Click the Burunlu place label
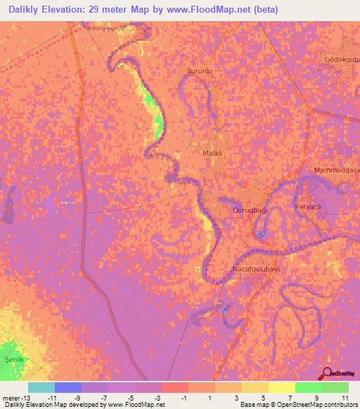click(x=199, y=71)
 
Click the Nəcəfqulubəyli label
click(x=251, y=269)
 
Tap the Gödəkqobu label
click(x=342, y=60)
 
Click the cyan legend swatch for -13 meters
click(x=41, y=387)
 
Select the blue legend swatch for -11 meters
click(x=68, y=387)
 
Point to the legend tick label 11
click(x=345, y=398)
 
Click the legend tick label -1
click(x=184, y=398)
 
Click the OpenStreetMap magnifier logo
click(x=328, y=374)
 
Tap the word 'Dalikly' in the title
click(x=32, y=10)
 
